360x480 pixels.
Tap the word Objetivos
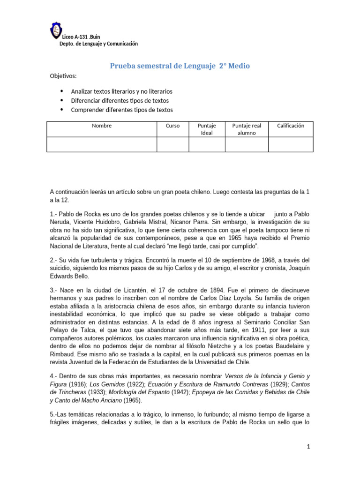point(63,76)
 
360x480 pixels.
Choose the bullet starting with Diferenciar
point(120,101)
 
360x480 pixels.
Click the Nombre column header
point(102,126)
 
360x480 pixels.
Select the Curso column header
point(172,126)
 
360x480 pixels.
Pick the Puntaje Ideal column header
point(207,129)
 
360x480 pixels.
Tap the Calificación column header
point(291,126)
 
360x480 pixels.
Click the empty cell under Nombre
point(102,144)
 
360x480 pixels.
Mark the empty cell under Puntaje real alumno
point(247,144)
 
